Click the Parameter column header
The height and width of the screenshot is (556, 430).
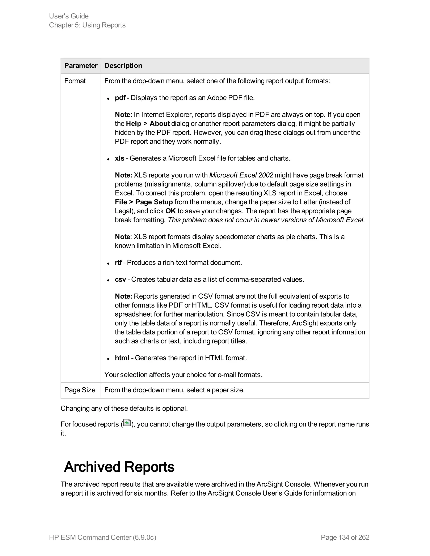click(x=81, y=66)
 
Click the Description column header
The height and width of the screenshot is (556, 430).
click(x=123, y=66)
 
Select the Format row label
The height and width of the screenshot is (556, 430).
click(x=75, y=81)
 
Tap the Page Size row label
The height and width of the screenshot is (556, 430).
click(x=80, y=390)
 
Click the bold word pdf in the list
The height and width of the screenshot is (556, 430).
click(x=120, y=98)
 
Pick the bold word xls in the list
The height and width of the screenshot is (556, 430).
click(x=119, y=158)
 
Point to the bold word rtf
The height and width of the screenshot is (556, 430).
click(x=118, y=262)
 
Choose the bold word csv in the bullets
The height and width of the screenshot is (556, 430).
click(x=120, y=279)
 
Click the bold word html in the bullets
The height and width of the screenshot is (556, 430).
click(x=122, y=358)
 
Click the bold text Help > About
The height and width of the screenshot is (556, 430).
click(x=148, y=124)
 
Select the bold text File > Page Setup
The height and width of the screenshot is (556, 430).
click(x=144, y=202)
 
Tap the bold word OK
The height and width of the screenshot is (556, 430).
click(x=170, y=211)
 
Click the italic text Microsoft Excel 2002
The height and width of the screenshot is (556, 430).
click(x=241, y=175)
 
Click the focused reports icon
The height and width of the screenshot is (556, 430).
click(x=127, y=423)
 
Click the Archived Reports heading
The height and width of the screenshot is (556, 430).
click(x=119, y=467)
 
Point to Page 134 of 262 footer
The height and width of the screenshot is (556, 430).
click(x=345, y=537)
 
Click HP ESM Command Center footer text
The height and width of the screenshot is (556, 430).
click(x=102, y=537)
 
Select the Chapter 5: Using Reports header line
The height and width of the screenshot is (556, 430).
click(x=87, y=25)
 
